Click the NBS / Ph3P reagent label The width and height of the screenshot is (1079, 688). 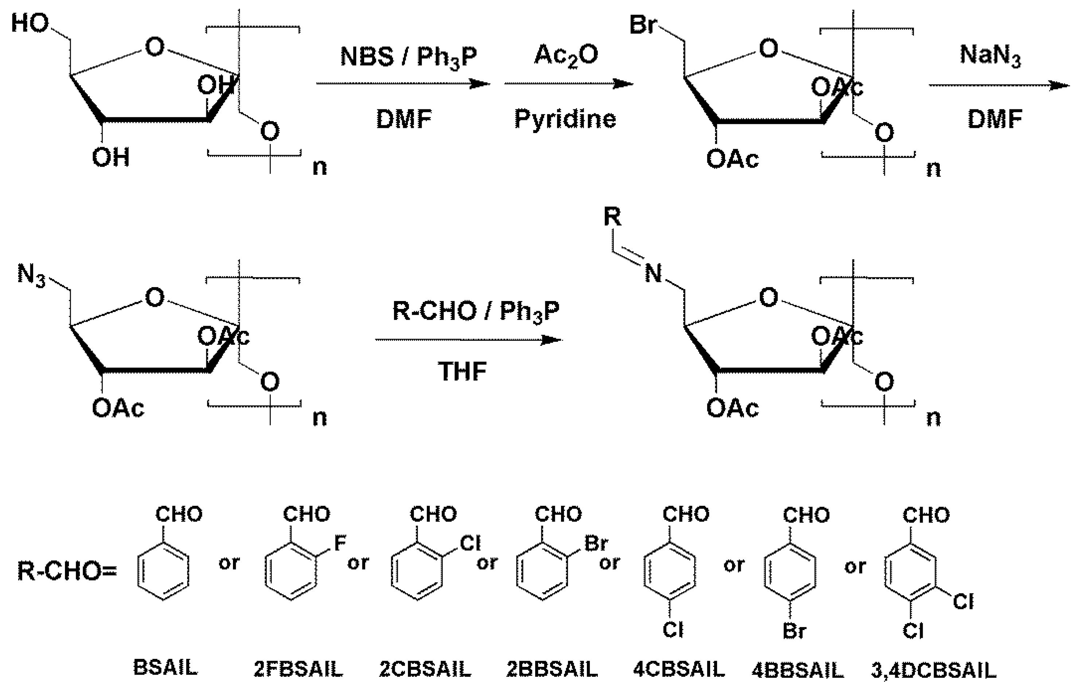[x=408, y=57]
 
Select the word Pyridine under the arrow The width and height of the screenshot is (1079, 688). [x=565, y=119]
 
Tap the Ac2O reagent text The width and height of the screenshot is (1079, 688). [x=566, y=55]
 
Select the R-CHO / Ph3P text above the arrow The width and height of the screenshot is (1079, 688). [x=475, y=311]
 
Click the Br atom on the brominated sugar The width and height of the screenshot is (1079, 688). [x=643, y=25]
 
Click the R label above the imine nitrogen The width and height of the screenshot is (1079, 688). [x=612, y=217]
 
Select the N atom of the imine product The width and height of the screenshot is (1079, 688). [x=653, y=273]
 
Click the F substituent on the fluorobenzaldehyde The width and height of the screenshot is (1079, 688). [x=340, y=543]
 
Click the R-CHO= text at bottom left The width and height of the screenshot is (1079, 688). [x=67, y=571]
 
